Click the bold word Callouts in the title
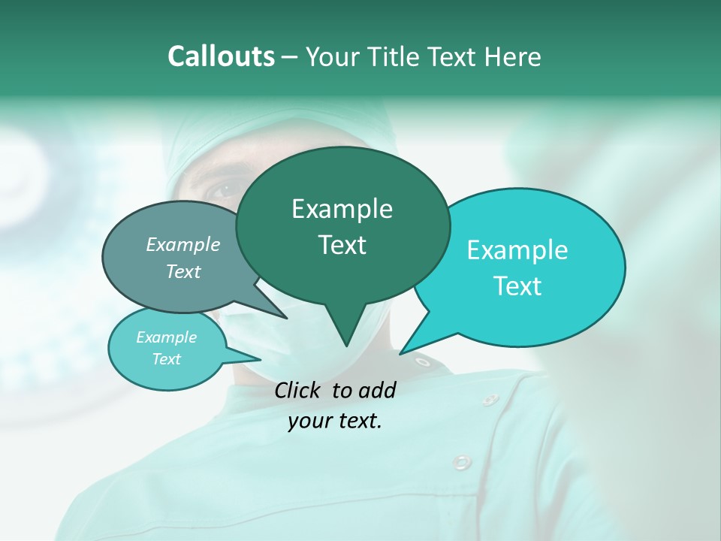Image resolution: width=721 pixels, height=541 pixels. pos(221,56)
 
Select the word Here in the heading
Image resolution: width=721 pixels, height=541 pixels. pos(512,57)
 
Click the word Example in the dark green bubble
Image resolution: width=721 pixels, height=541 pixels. pos(342,209)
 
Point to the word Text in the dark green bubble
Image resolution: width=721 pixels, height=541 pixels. pos(342,245)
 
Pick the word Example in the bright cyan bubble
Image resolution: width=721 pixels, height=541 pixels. pos(517,250)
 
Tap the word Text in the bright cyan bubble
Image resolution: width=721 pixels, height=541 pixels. pos(517,286)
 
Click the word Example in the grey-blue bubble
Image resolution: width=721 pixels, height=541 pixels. pos(183,244)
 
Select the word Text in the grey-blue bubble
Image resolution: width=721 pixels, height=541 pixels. pos(183,271)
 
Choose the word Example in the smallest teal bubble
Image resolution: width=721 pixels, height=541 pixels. pos(166,337)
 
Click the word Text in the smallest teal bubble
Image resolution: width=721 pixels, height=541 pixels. pos(166,359)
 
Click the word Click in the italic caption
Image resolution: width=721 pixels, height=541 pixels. pos(299,390)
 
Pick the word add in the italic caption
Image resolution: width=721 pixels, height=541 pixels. pos(377,390)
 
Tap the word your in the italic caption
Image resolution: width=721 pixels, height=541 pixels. pos(309,421)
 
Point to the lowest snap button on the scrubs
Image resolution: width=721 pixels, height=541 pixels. pos(462,461)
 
